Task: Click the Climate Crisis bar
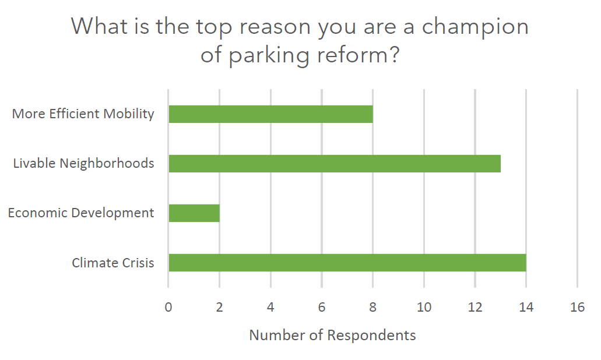click(x=347, y=263)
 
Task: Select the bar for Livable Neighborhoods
click(x=334, y=164)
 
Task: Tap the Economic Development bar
click(x=194, y=213)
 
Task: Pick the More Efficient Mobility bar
click(x=270, y=114)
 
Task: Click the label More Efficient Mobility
click(x=83, y=114)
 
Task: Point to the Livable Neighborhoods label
click(x=84, y=163)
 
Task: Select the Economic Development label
click(x=81, y=213)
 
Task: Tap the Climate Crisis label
click(x=113, y=263)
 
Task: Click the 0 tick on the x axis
click(x=168, y=308)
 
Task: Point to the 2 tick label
click(x=219, y=308)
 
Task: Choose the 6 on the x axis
click(x=322, y=308)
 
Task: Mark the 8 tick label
click(x=372, y=308)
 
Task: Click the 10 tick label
click(x=424, y=308)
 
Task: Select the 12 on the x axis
click(x=475, y=308)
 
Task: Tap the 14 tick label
click(x=526, y=308)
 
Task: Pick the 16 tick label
click(x=577, y=308)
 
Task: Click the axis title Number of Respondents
click(x=332, y=335)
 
